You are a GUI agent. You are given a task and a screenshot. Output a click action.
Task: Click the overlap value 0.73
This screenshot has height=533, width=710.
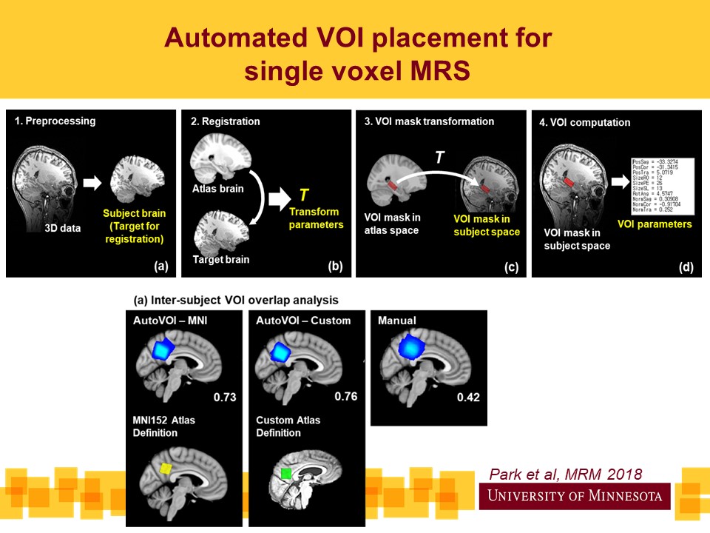[x=224, y=398]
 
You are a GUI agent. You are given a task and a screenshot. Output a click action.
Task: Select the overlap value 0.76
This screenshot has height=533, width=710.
[x=346, y=396]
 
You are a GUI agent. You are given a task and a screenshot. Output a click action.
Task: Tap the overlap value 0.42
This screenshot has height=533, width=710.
[x=468, y=398]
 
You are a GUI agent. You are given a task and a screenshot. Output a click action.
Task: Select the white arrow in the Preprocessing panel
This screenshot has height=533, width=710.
[x=92, y=181]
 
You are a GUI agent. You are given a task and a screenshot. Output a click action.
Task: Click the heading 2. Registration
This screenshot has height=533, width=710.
[x=226, y=121]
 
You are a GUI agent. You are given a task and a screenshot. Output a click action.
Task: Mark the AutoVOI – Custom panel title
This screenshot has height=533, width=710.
[x=303, y=321]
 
